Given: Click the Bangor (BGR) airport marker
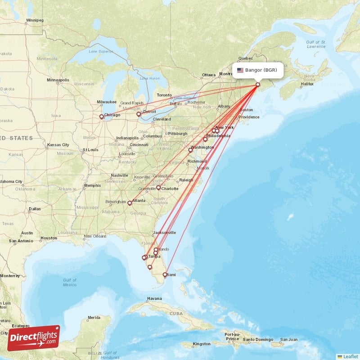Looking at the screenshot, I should click(258, 84).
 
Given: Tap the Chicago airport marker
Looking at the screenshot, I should click(102, 117).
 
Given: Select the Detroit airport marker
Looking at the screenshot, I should click(139, 114).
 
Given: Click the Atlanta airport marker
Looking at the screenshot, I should click(130, 203).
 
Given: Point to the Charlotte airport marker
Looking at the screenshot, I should click(158, 188).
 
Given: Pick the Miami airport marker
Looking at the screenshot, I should click(165, 274).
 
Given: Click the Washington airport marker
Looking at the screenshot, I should click(190, 150).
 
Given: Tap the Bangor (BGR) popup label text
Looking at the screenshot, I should click(264, 70).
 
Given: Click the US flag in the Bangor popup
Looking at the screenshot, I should click(240, 70).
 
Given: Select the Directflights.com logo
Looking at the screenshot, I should click(33, 337).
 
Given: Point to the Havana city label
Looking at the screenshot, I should click(154, 299).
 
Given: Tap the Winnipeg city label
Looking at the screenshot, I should click(35, 20).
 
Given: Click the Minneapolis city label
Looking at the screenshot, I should click(58, 80).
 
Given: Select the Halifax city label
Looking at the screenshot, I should click(307, 84).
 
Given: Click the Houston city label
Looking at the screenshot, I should click(49, 238).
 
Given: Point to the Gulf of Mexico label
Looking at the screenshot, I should click(70, 282).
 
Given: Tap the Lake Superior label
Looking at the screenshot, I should click(101, 51).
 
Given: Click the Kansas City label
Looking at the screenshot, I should click(59, 145).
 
